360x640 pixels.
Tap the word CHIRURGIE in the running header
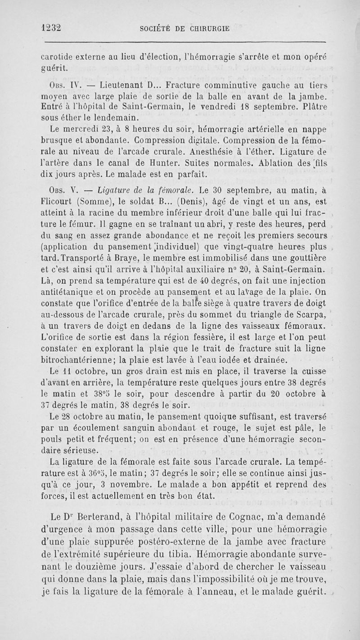205,28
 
